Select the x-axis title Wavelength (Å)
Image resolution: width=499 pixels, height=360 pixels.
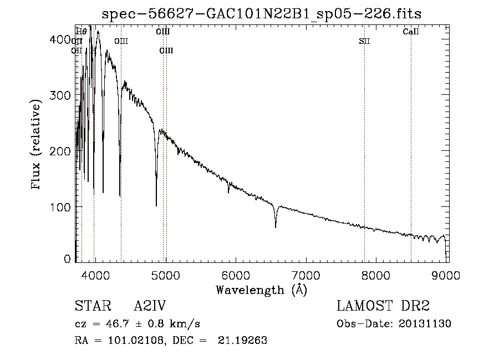(262, 290)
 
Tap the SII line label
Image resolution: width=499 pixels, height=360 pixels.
(364, 41)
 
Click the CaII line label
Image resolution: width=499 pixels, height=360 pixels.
(411, 32)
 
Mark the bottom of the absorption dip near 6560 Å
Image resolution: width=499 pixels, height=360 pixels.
(276, 227)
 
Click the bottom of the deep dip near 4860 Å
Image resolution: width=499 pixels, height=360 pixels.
(156, 205)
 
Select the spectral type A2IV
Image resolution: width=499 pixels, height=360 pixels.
(150, 306)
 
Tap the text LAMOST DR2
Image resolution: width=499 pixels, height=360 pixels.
(383, 306)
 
